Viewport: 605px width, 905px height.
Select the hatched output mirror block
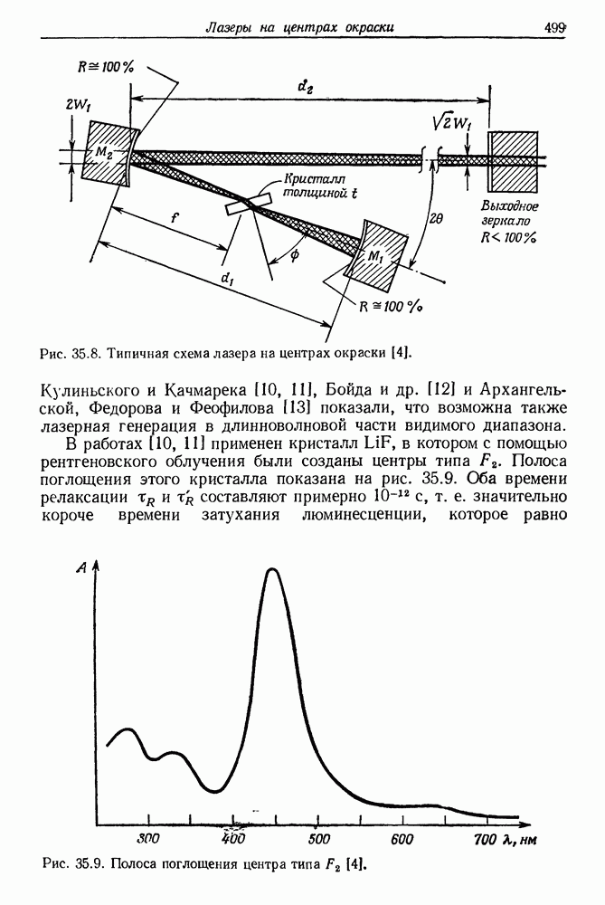[513, 160]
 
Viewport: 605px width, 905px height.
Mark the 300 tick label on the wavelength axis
[149, 838]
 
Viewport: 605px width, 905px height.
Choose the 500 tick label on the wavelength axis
[317, 838]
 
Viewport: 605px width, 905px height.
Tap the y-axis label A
[81, 567]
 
